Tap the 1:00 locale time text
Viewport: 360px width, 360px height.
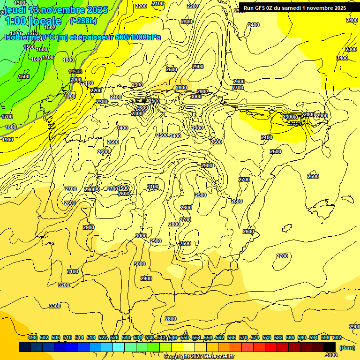pyautogui.click(x=33, y=21)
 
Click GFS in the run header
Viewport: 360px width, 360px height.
pyautogui.click(x=262, y=7)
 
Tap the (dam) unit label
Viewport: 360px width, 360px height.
pyautogui.click(x=347, y=348)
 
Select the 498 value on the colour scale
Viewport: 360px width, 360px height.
pyautogui.click(x=32, y=337)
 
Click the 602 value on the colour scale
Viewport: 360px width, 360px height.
pyautogui.click(x=337, y=337)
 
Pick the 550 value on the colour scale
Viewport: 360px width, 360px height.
pyautogui.click(x=185, y=337)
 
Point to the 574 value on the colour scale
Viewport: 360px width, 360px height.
pyautogui.click(x=255, y=337)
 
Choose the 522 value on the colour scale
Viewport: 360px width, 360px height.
pyautogui.click(x=103, y=337)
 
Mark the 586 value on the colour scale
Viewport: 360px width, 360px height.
pyautogui.click(x=290, y=337)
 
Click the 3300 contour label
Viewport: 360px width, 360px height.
pyautogui.click(x=55, y=306)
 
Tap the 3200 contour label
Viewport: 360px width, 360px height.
pyautogui.click(x=64, y=285)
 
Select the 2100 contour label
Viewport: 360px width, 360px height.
pyautogui.click(x=158, y=3)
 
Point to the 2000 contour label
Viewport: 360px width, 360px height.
pyautogui.click(x=76, y=80)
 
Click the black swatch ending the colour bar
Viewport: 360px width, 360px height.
pyautogui.click(x=330, y=347)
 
